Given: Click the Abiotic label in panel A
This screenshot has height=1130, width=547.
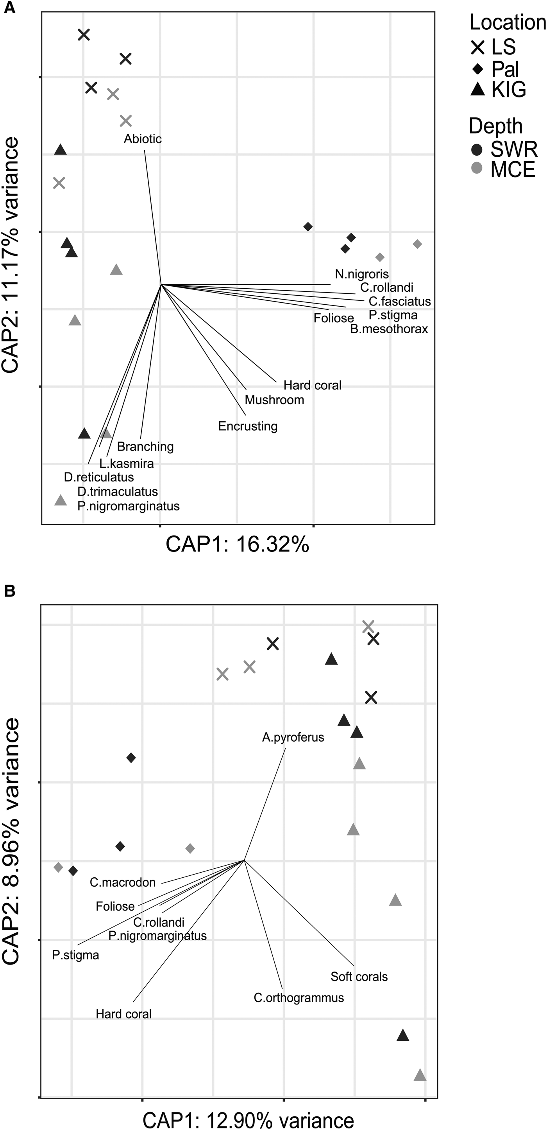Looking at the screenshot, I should pos(143,139).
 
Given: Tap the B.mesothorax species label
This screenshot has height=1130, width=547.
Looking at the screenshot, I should pos(389,329).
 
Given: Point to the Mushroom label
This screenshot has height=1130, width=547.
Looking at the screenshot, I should pos(274,400).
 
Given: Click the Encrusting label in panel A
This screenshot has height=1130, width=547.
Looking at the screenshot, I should pos(248,426).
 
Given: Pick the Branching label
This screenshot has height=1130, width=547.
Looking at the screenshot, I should pos(145,447).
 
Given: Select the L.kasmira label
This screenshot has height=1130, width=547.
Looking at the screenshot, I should pos(126,463).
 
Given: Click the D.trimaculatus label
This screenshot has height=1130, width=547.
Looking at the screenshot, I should pos(118,492).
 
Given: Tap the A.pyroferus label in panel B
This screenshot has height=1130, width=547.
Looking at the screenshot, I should pos(293,737).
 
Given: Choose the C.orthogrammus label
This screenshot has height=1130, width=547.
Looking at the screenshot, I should pos(299,998).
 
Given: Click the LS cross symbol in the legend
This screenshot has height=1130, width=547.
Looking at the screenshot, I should pos(478,47).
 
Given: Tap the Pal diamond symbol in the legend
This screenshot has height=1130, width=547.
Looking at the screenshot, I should pos(478,69).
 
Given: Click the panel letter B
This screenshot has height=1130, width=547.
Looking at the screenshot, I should pos(10,592).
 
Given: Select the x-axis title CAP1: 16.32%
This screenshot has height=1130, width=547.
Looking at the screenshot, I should pos(237,545).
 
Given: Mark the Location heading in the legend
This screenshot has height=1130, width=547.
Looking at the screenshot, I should pos(508,22).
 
